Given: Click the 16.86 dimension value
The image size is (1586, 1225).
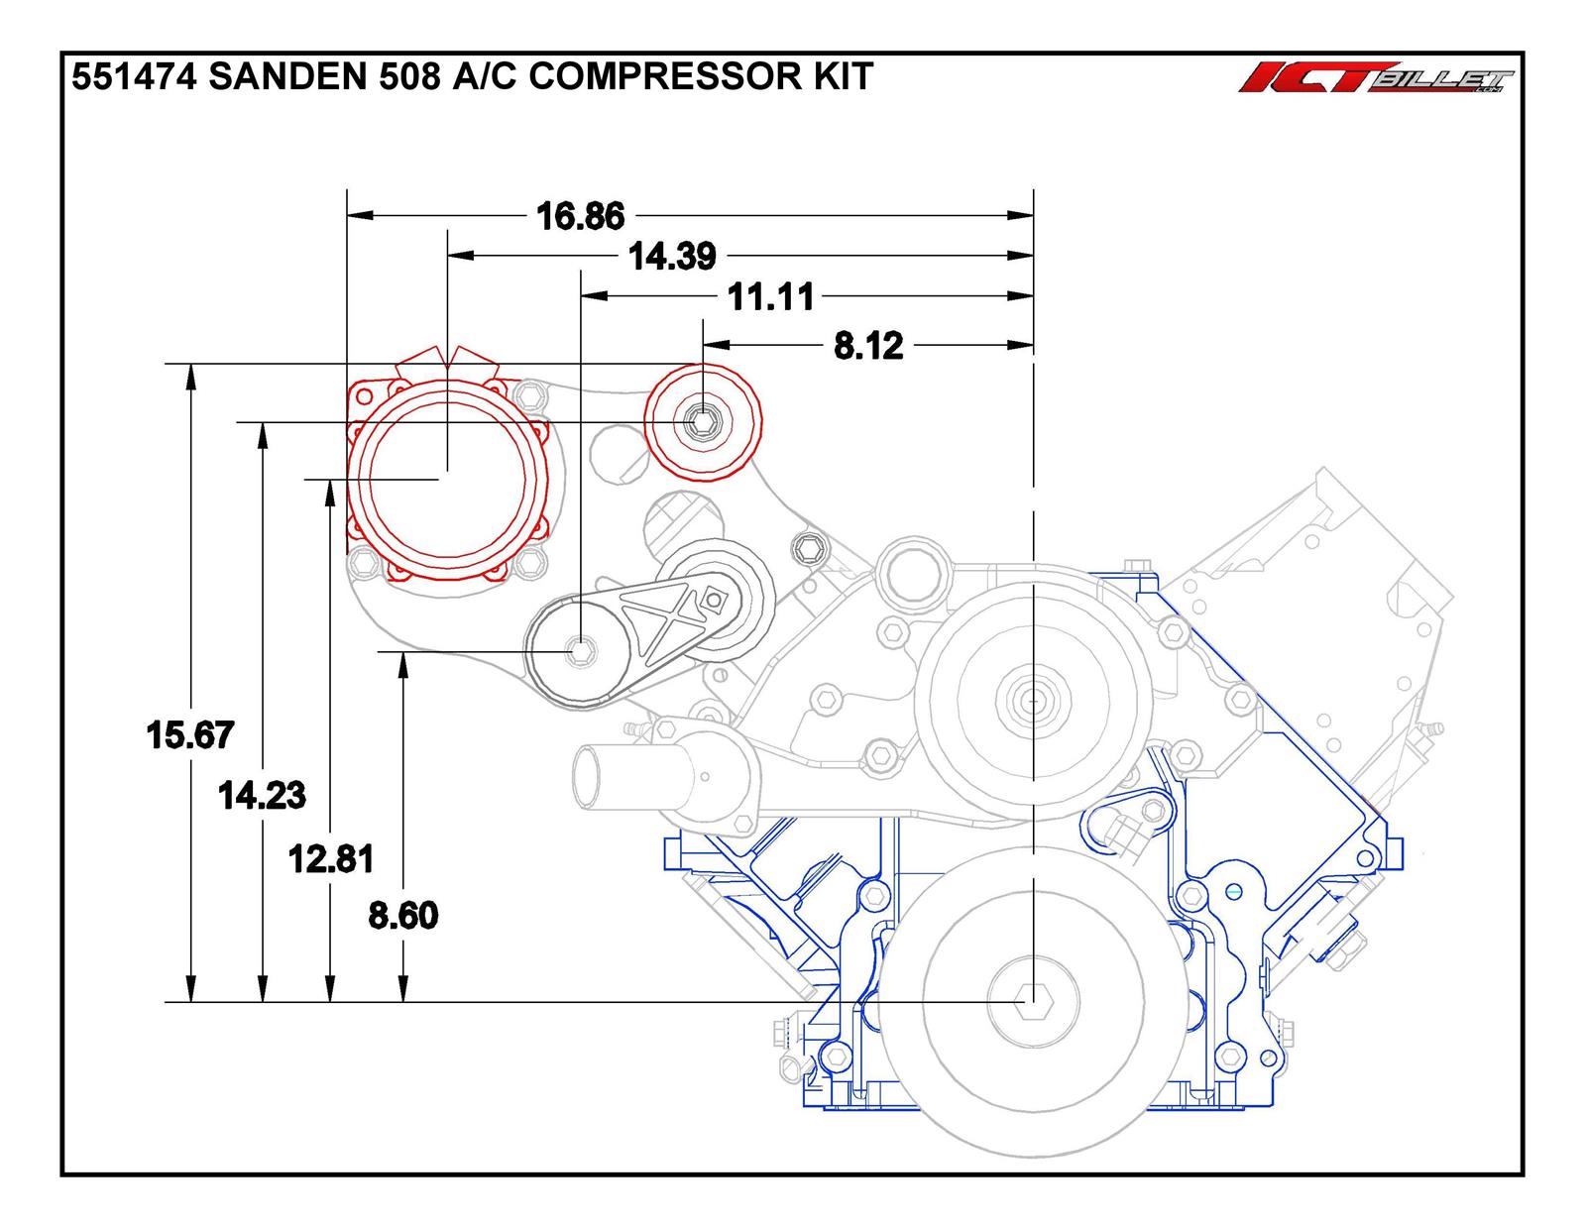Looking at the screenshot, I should (581, 215).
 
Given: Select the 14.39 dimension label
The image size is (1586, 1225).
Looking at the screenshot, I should (673, 257).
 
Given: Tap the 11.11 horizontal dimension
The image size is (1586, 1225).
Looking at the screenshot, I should (771, 296).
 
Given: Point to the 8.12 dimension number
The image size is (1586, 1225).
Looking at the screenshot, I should (868, 346).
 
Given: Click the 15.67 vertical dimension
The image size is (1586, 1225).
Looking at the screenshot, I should (189, 735).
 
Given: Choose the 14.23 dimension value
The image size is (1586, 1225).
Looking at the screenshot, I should (262, 795).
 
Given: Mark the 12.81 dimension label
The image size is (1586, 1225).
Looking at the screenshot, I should (331, 858).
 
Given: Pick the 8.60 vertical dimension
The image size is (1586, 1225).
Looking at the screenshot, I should (402, 915).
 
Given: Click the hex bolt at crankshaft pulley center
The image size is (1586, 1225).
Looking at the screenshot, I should (1033, 1002).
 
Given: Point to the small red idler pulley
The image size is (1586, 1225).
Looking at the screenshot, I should (703, 422).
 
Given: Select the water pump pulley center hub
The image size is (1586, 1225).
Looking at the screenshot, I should (1032, 701).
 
